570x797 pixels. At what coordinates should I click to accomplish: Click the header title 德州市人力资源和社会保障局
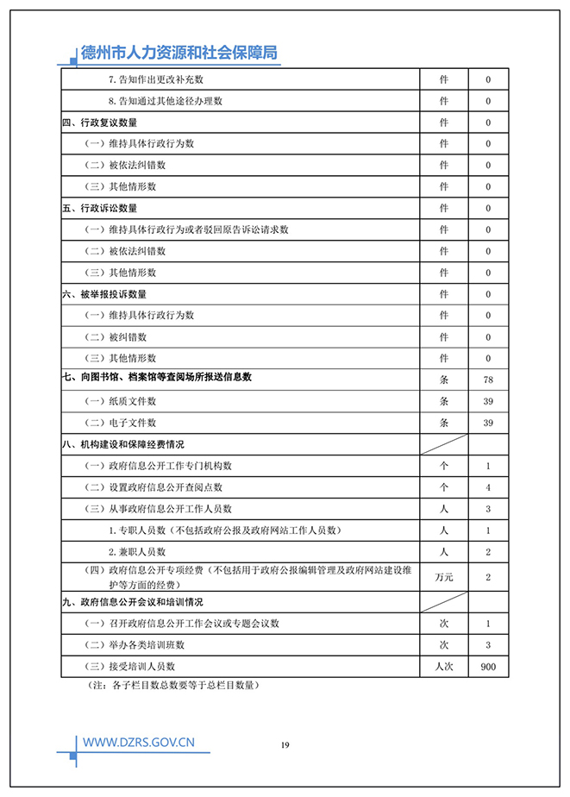tap(179, 53)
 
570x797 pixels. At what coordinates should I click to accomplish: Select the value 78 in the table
tap(488, 380)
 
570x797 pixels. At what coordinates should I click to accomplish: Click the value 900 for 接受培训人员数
tap(488, 666)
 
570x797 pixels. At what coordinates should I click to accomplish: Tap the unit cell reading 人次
tap(444, 666)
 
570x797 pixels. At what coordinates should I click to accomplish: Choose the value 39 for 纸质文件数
tap(488, 401)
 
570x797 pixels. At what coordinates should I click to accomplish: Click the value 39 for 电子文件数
tap(488, 423)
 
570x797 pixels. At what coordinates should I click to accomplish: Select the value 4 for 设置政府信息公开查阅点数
tap(488, 487)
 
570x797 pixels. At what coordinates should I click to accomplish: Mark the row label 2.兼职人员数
tap(137, 551)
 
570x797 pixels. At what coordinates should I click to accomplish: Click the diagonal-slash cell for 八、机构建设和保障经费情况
tap(444, 444)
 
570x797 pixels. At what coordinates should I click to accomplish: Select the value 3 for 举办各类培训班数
tap(488, 644)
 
